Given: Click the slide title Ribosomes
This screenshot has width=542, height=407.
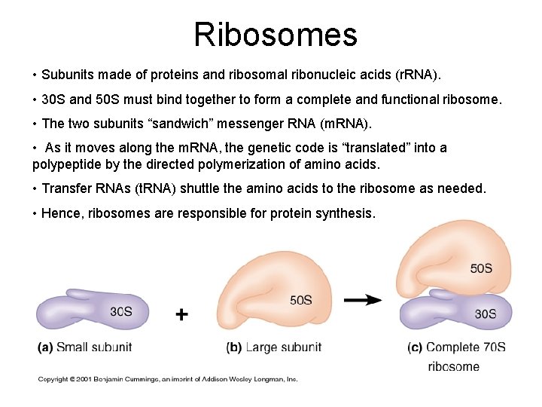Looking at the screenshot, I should (x=275, y=34).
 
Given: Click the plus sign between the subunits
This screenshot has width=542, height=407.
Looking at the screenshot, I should (x=182, y=314).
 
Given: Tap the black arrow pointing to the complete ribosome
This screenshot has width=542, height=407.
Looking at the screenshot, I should (x=363, y=300).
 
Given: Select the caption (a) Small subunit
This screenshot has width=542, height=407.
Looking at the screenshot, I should (x=84, y=347).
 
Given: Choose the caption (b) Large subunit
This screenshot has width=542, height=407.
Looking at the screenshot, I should (x=273, y=347).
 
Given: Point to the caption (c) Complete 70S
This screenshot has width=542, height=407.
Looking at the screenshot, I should (x=457, y=347).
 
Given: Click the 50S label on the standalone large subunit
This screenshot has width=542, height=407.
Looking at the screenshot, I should (x=300, y=300).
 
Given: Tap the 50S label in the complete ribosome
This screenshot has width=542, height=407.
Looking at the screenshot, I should (x=481, y=268).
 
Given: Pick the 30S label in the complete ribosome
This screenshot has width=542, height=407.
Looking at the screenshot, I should (x=485, y=314).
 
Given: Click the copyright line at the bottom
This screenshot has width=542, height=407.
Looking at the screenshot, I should (x=168, y=379).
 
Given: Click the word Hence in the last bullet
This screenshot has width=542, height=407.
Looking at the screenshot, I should (x=61, y=213).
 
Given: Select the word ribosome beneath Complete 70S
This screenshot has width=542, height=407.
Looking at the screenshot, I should (x=453, y=366).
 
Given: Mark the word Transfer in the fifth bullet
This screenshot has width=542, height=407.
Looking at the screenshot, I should (x=66, y=188).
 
